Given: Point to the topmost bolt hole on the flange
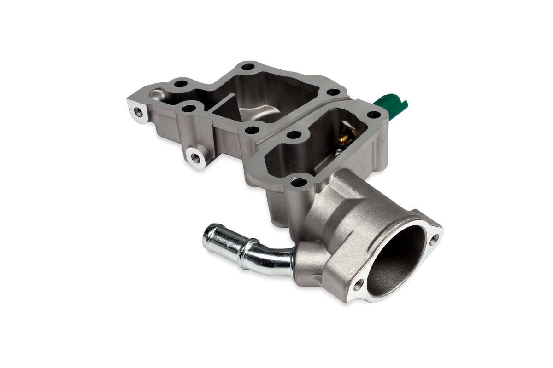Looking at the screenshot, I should tap(249, 68).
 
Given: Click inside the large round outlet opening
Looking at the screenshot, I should tap(396, 258).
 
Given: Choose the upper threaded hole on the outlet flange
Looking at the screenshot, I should tap(433, 239).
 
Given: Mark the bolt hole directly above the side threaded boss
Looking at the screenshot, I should tap(188, 109).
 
